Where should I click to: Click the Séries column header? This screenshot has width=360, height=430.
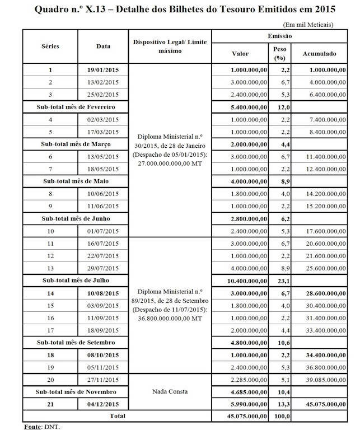pos(50,46)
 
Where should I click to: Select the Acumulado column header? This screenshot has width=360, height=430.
pos(319,54)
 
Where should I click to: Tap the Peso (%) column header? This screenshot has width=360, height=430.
pos(276,54)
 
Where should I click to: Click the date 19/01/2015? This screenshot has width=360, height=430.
pos(103,71)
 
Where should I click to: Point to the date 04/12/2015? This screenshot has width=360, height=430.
pos(103,404)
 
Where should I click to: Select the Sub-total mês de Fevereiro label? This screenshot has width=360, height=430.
pos(75,106)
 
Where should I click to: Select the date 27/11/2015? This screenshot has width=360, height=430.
pos(103,380)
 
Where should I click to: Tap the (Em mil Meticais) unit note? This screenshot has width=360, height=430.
pos(308,25)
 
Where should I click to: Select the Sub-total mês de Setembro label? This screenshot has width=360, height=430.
pos(75,342)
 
